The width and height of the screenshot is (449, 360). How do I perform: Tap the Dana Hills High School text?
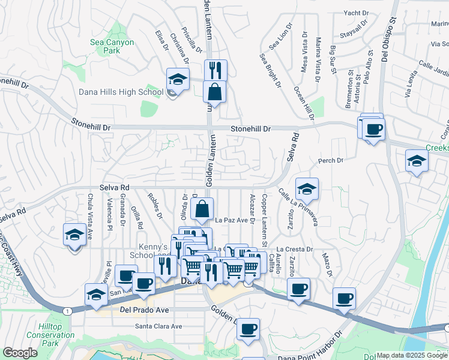point(121,92)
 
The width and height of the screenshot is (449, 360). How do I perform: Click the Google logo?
point(20,353)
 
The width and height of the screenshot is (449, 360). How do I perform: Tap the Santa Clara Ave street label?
point(158,326)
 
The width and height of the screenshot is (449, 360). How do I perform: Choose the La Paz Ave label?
point(232,220)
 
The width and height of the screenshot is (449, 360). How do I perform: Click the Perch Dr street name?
point(331,161)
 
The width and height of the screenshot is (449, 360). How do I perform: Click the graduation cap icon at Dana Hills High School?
point(178,78)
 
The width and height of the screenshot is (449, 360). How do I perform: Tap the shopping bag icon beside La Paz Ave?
point(203,209)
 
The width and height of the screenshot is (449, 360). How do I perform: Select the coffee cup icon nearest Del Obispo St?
point(373,128)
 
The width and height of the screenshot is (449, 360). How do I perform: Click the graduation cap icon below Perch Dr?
point(417,161)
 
